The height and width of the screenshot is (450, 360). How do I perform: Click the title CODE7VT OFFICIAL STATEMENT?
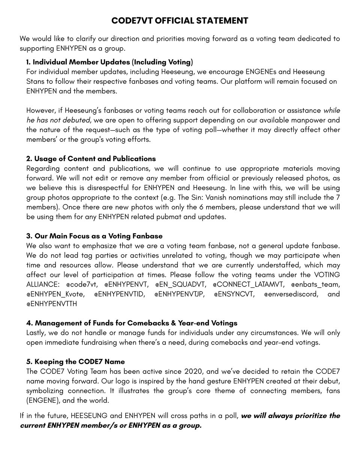pyautogui.click(x=180, y=21)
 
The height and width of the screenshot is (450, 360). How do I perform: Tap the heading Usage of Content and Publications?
pyautogui.click(x=91, y=159)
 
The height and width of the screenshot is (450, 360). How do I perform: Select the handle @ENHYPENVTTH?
pyautogui.click(x=52, y=304)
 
